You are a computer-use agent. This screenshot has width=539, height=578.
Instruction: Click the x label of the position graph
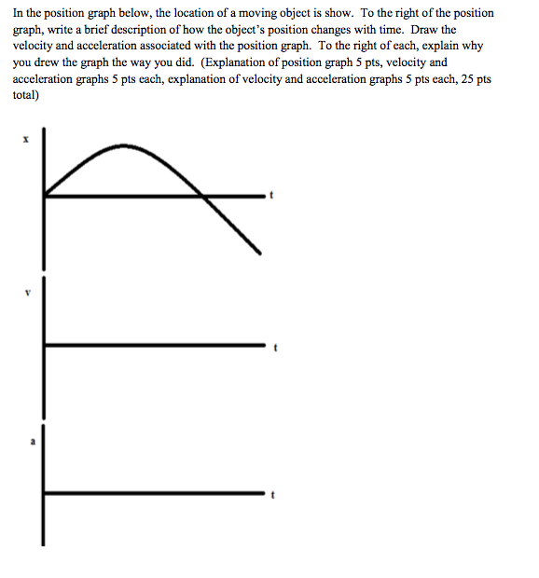point(26,140)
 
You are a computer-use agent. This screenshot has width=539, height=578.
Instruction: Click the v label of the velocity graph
point(27,291)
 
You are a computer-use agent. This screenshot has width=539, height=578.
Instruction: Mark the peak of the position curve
point(118,145)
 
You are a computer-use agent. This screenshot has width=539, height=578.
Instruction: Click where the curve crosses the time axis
point(202,195)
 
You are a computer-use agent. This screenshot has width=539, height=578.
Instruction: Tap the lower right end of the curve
point(258,249)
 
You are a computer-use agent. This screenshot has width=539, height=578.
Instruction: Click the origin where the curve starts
point(45,195)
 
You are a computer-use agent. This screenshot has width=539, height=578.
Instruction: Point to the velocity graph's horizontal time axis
point(154,345)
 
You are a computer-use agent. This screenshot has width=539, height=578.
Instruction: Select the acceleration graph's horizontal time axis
point(154,492)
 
